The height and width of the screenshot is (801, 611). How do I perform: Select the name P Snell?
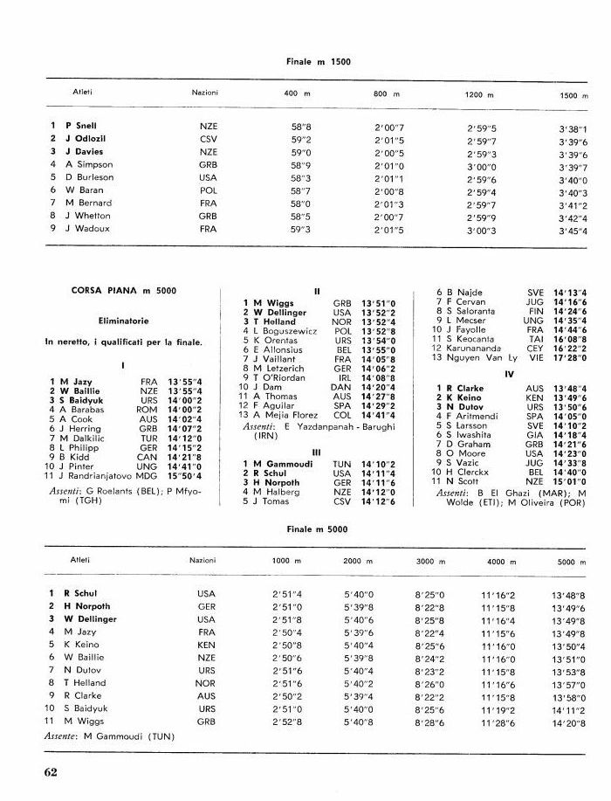(x=81, y=126)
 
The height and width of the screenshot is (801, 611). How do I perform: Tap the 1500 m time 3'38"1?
(x=573, y=129)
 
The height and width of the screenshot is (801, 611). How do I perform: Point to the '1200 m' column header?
(x=478, y=93)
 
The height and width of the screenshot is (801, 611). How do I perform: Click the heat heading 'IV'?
(x=511, y=374)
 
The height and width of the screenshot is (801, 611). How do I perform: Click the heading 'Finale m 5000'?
(x=317, y=530)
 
